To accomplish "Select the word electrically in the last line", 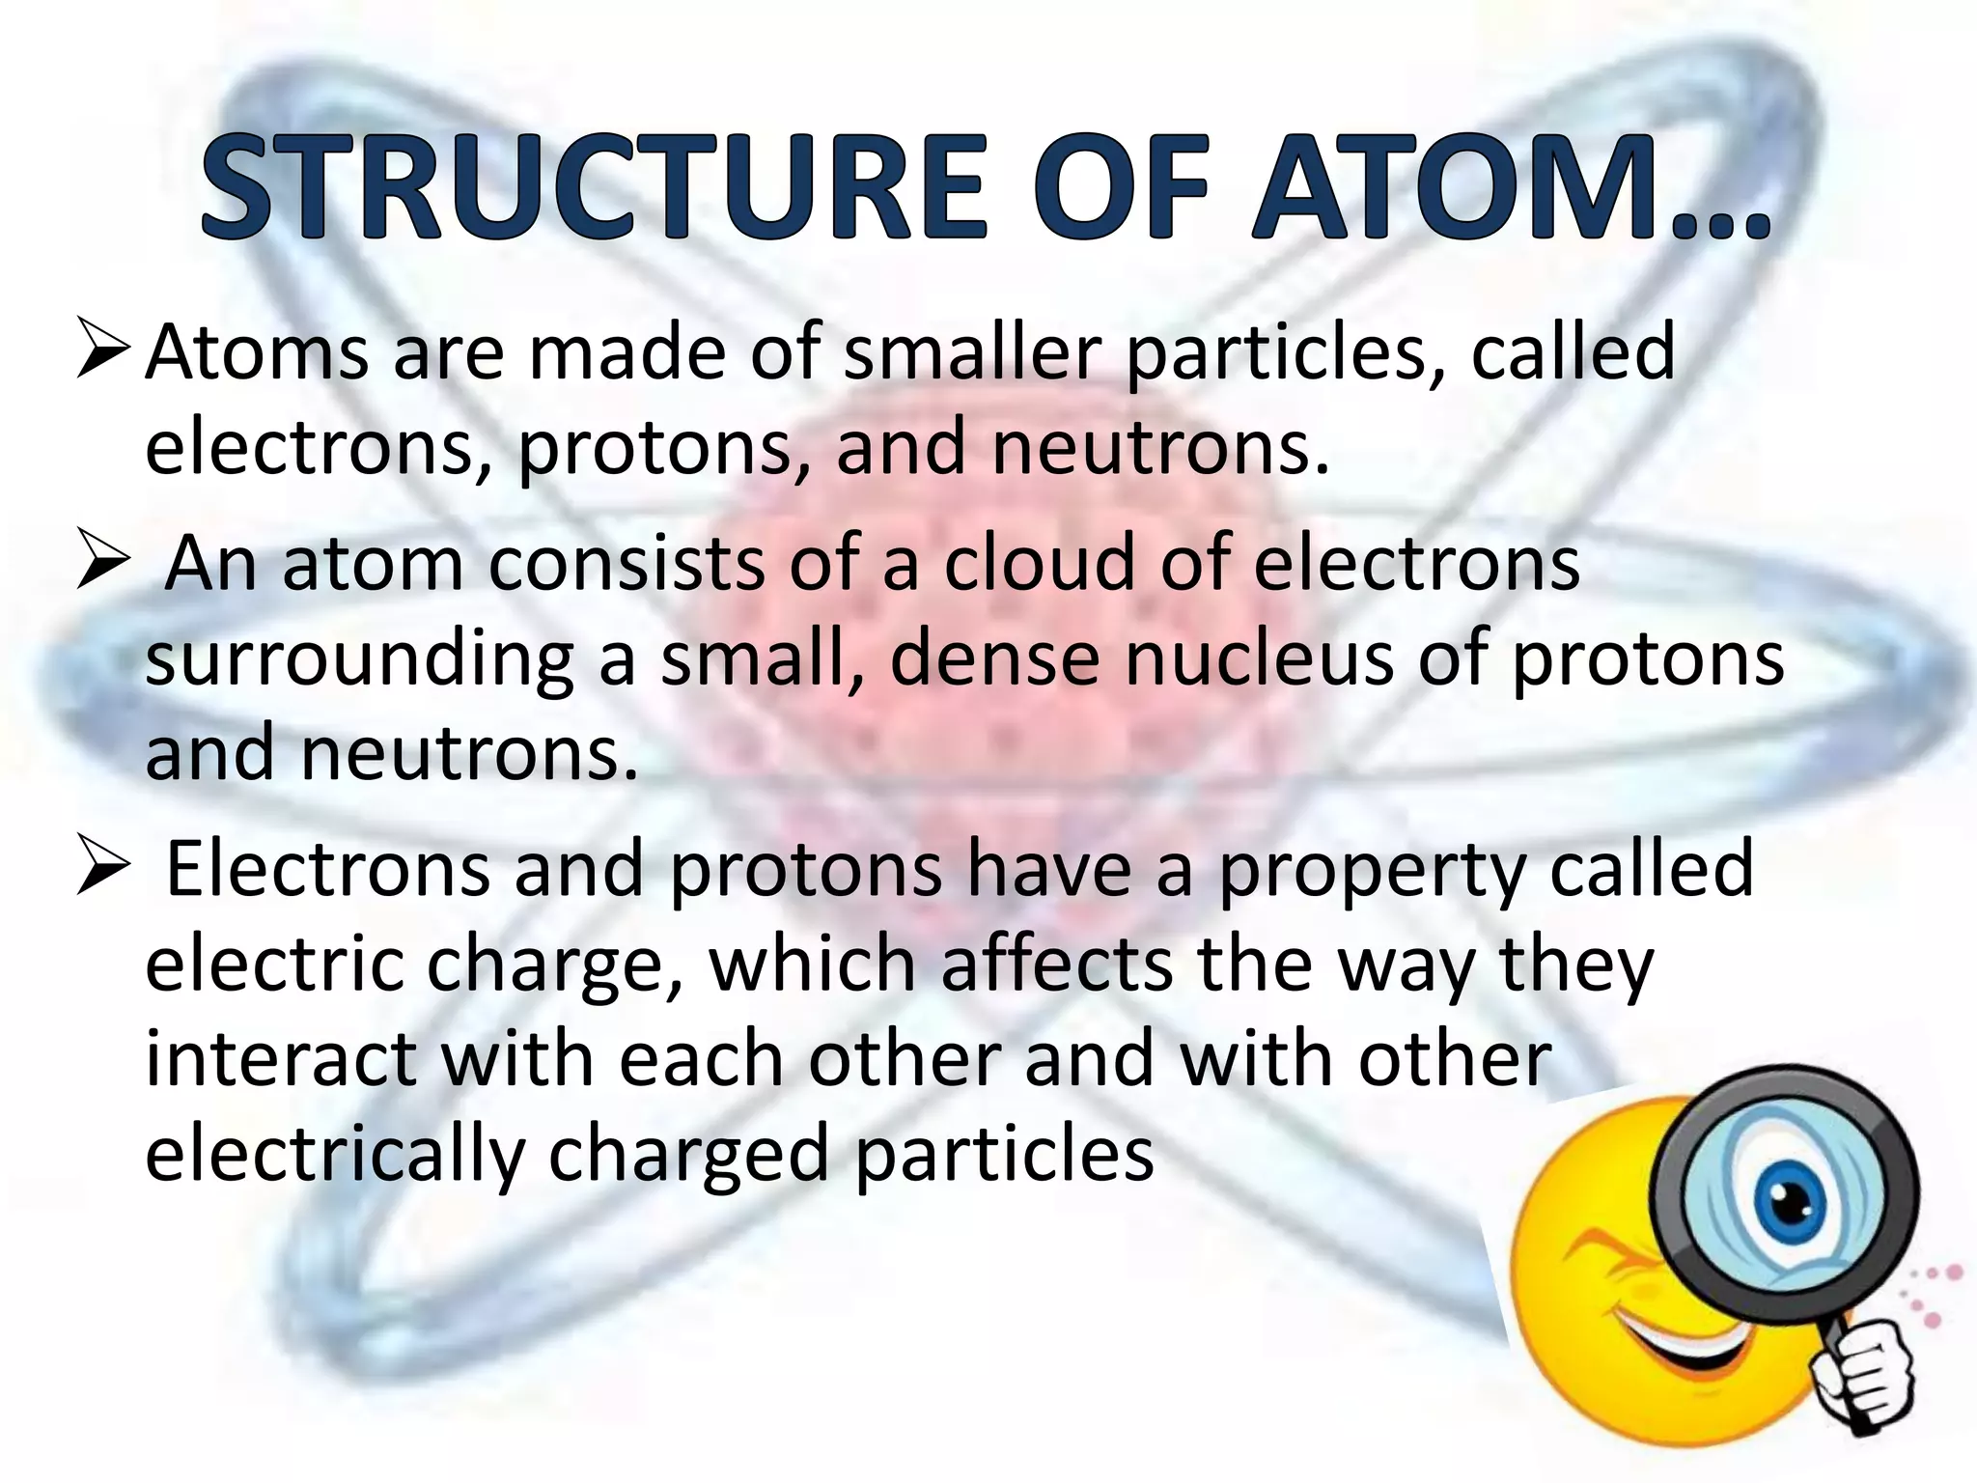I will [x=334, y=1155].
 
